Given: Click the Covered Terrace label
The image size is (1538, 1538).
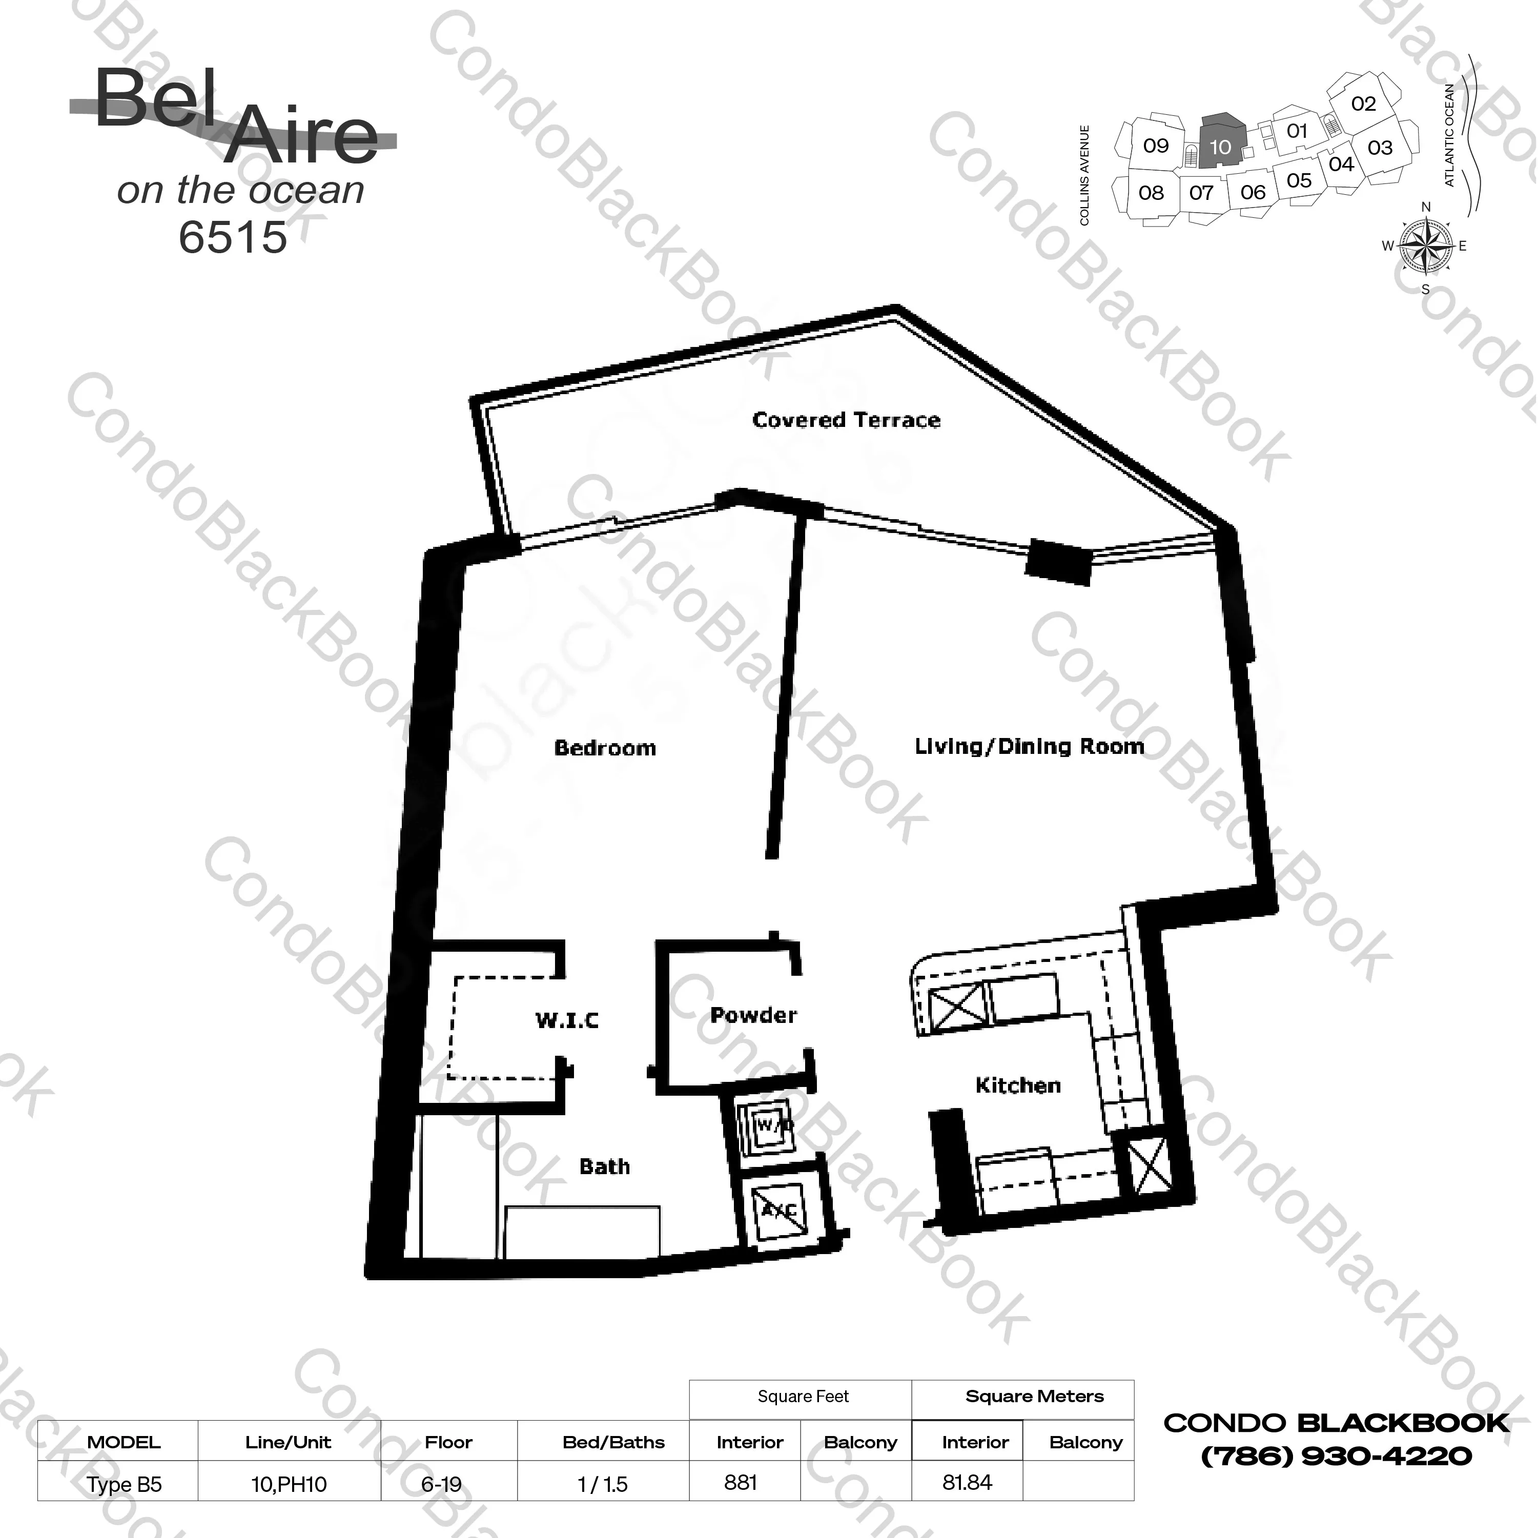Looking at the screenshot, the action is pos(846,420).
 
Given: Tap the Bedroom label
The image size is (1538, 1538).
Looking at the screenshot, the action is pos(605,748).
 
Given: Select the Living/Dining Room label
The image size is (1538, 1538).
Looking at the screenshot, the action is pos(1029,747).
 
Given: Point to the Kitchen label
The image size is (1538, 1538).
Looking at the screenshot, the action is pos(1018,1085).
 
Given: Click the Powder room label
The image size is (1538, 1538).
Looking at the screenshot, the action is pos(753,1015).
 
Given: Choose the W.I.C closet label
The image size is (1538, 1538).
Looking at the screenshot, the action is pos(567,1020).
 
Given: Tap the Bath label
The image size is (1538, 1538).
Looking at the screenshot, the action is pos(604,1166).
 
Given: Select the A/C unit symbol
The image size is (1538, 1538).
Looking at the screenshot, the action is pos(778,1210).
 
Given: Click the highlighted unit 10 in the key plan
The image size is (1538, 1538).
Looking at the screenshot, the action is pos(1220,144).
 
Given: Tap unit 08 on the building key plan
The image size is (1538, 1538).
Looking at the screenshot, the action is pos(1151,193).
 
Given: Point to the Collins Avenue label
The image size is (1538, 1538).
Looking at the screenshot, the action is pos(1084,175).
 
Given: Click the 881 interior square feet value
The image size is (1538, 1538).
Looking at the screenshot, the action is pos(741,1482).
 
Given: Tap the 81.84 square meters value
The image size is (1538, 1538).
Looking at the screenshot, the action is pos(967,1482).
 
